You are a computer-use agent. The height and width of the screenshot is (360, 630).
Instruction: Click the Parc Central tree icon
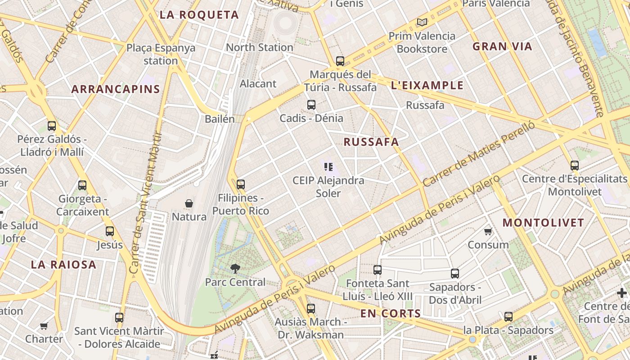(235, 269)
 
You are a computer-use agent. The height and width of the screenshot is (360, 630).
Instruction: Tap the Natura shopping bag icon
(189, 204)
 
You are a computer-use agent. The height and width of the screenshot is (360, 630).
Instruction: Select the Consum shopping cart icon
(488, 232)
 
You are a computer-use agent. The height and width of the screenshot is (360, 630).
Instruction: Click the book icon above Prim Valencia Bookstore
(422, 22)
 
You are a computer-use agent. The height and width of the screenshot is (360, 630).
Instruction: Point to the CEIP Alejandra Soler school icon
(328, 167)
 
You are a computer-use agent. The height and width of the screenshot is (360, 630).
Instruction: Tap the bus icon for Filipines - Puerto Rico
(241, 184)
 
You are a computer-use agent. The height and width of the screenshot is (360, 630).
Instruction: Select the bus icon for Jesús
(110, 232)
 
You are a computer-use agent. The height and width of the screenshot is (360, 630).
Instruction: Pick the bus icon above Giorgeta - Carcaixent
(82, 185)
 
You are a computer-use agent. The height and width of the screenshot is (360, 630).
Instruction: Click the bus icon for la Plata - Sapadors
(508, 317)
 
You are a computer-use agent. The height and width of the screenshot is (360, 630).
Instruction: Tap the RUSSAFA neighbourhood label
(371, 142)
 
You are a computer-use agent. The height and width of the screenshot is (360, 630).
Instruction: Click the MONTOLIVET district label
(543, 223)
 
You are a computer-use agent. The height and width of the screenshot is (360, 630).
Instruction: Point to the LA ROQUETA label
(199, 15)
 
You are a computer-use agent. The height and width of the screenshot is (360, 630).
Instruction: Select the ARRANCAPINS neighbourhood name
(116, 89)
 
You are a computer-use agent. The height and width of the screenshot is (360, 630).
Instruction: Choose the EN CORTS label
(391, 314)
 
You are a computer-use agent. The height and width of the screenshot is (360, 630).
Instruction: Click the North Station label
(260, 47)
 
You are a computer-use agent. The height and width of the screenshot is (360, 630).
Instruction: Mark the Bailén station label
(220, 119)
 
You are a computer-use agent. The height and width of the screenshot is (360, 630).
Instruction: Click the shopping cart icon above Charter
(44, 326)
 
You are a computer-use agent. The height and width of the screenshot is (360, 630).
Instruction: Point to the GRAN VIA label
(502, 46)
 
